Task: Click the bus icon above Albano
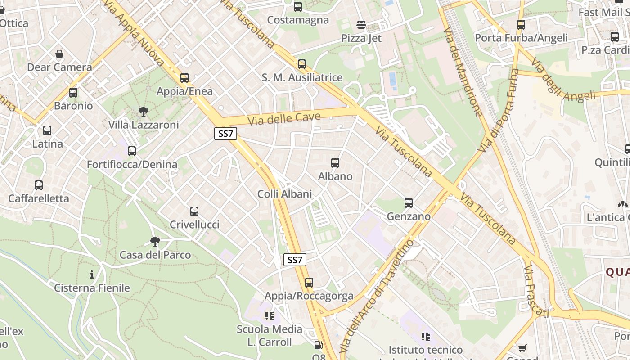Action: click(x=335, y=163)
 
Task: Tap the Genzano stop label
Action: click(x=409, y=216)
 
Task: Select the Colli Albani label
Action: click(x=284, y=194)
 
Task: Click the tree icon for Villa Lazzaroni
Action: click(x=144, y=111)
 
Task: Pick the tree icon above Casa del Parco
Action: click(x=155, y=242)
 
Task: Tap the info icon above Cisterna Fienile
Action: click(x=92, y=274)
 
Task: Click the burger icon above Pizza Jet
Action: click(x=361, y=24)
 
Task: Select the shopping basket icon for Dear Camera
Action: click(x=59, y=54)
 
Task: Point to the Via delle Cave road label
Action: click(x=284, y=119)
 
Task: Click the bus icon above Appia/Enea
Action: click(x=184, y=78)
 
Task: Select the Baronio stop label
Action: click(x=73, y=106)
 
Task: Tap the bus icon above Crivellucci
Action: click(x=194, y=211)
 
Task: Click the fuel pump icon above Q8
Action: click(x=318, y=346)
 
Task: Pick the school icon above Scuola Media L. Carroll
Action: click(x=270, y=316)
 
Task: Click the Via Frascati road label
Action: click(x=535, y=291)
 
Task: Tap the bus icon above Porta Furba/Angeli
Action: click(x=521, y=25)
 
